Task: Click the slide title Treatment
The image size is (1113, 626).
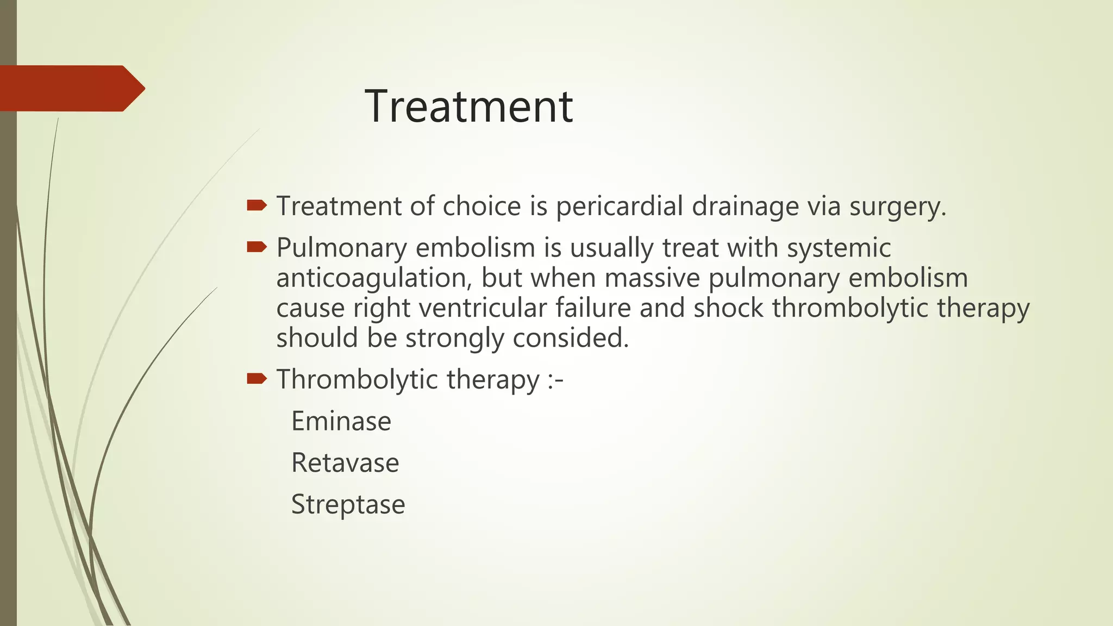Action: (468, 107)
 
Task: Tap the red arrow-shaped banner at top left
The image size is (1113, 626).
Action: (71, 89)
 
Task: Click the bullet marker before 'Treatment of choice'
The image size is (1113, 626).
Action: (257, 205)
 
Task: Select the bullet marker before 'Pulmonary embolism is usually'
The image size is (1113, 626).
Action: (257, 248)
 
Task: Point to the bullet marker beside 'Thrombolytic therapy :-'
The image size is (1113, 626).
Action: (257, 378)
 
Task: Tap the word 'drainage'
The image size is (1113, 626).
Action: (745, 207)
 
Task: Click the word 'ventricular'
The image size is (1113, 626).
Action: (483, 308)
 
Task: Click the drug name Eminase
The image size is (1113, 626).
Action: (341, 421)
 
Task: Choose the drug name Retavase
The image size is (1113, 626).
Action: (345, 463)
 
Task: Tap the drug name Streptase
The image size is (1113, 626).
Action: (348, 505)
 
